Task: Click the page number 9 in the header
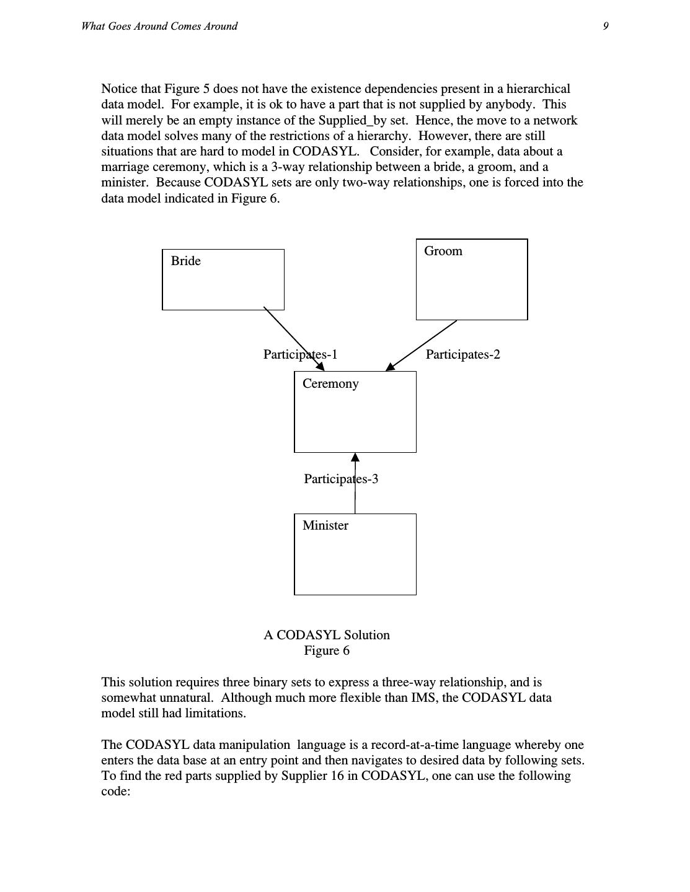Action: pos(606,26)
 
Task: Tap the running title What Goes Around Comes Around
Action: pos(159,26)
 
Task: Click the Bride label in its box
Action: pos(186,261)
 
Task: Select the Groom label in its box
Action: pos(443,251)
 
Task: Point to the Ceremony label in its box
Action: pos(330,383)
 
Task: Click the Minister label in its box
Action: pos(325,525)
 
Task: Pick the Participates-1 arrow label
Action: pos(300,354)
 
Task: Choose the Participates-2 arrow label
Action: pos(462,354)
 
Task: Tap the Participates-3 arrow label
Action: pos(341,479)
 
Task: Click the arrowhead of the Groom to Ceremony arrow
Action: pos(391,367)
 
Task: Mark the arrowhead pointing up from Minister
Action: pos(355,458)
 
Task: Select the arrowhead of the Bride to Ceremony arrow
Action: pos(320,367)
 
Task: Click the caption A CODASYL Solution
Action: pos(327,635)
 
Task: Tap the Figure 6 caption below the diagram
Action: pos(327,650)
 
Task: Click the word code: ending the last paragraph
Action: pos(115,791)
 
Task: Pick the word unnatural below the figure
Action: pos(186,697)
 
